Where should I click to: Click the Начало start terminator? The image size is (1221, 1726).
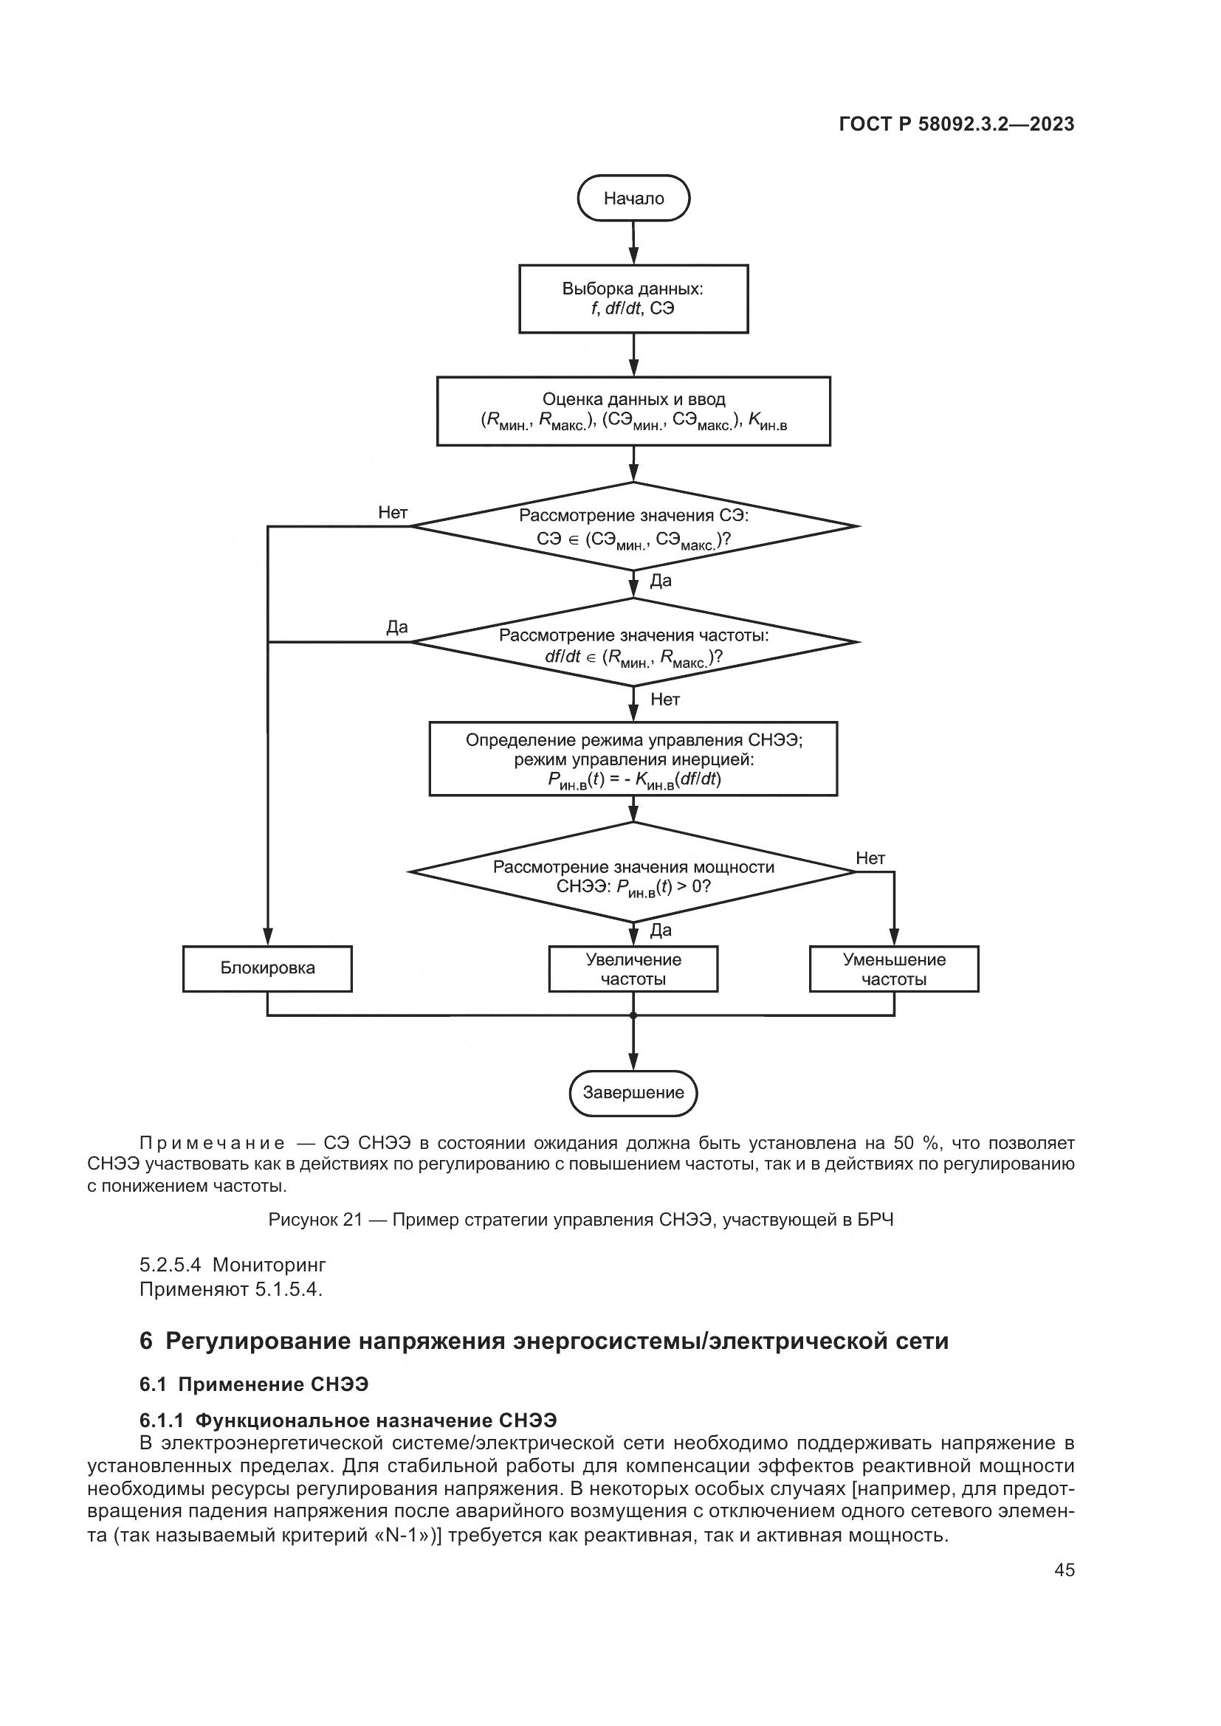point(633,199)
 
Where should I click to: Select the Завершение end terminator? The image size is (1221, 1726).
point(633,1093)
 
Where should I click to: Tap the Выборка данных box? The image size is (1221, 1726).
point(633,298)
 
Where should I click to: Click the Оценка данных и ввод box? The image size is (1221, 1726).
point(633,410)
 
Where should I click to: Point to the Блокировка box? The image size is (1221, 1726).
point(267,968)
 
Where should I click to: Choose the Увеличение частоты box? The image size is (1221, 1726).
point(633,969)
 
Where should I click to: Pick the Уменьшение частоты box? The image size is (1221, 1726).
point(894,969)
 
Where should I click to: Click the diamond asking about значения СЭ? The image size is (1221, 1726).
point(633,526)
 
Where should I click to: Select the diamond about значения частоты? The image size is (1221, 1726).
point(633,643)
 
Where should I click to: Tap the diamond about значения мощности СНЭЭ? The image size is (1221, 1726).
point(633,872)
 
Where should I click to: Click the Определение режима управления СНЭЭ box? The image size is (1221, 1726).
point(633,759)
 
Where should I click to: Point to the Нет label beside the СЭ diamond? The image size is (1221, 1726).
point(393,513)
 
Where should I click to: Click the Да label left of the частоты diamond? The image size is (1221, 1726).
point(397,628)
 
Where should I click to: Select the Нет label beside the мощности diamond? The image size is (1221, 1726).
point(870,858)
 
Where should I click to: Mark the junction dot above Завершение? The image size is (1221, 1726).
point(633,1015)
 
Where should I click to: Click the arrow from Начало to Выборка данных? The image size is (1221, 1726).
point(633,243)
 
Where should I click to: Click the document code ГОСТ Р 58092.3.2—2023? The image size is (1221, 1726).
point(956,125)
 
